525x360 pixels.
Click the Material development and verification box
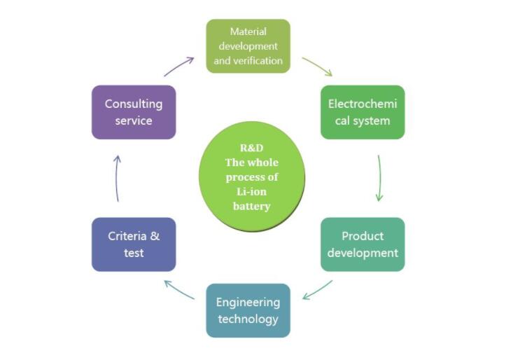[x=248, y=46]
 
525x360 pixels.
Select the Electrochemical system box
[x=362, y=112]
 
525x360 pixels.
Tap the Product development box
[x=362, y=244]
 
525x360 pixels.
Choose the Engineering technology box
[x=248, y=310]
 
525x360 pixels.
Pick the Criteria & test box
[x=133, y=244]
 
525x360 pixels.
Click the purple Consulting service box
[x=133, y=112]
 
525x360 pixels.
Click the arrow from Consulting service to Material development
[x=179, y=67]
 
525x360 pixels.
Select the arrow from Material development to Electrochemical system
[x=317, y=67]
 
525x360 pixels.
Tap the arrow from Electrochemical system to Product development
[x=380, y=178]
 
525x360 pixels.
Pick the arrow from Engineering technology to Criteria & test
[x=179, y=289]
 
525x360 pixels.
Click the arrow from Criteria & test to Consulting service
[x=118, y=178]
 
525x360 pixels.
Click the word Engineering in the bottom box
[x=248, y=303]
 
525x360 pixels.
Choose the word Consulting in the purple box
[x=133, y=104]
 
